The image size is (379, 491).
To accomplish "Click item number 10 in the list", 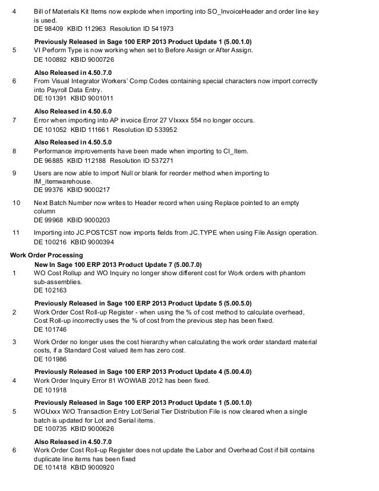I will tap(16, 202).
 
